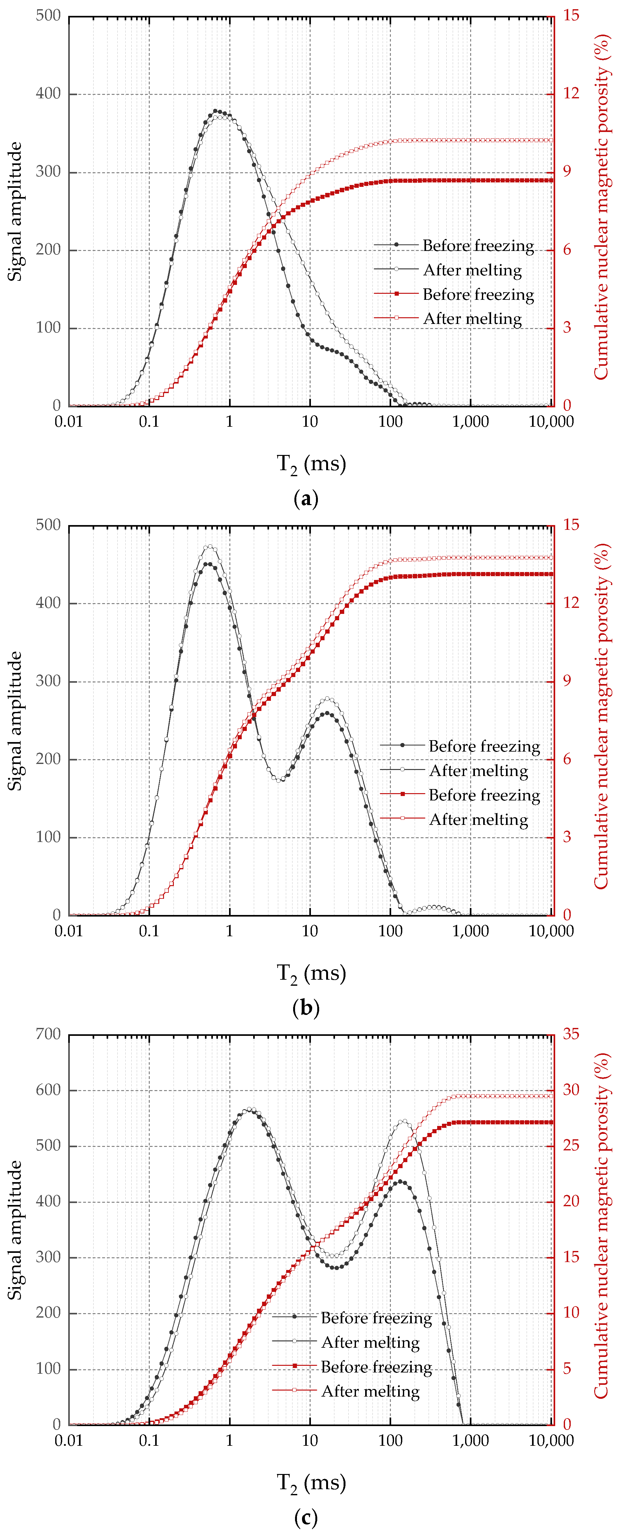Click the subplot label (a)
[306, 499]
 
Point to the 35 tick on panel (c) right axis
[571, 1034]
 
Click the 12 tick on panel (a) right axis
[571, 93]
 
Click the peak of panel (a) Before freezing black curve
[216, 111]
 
